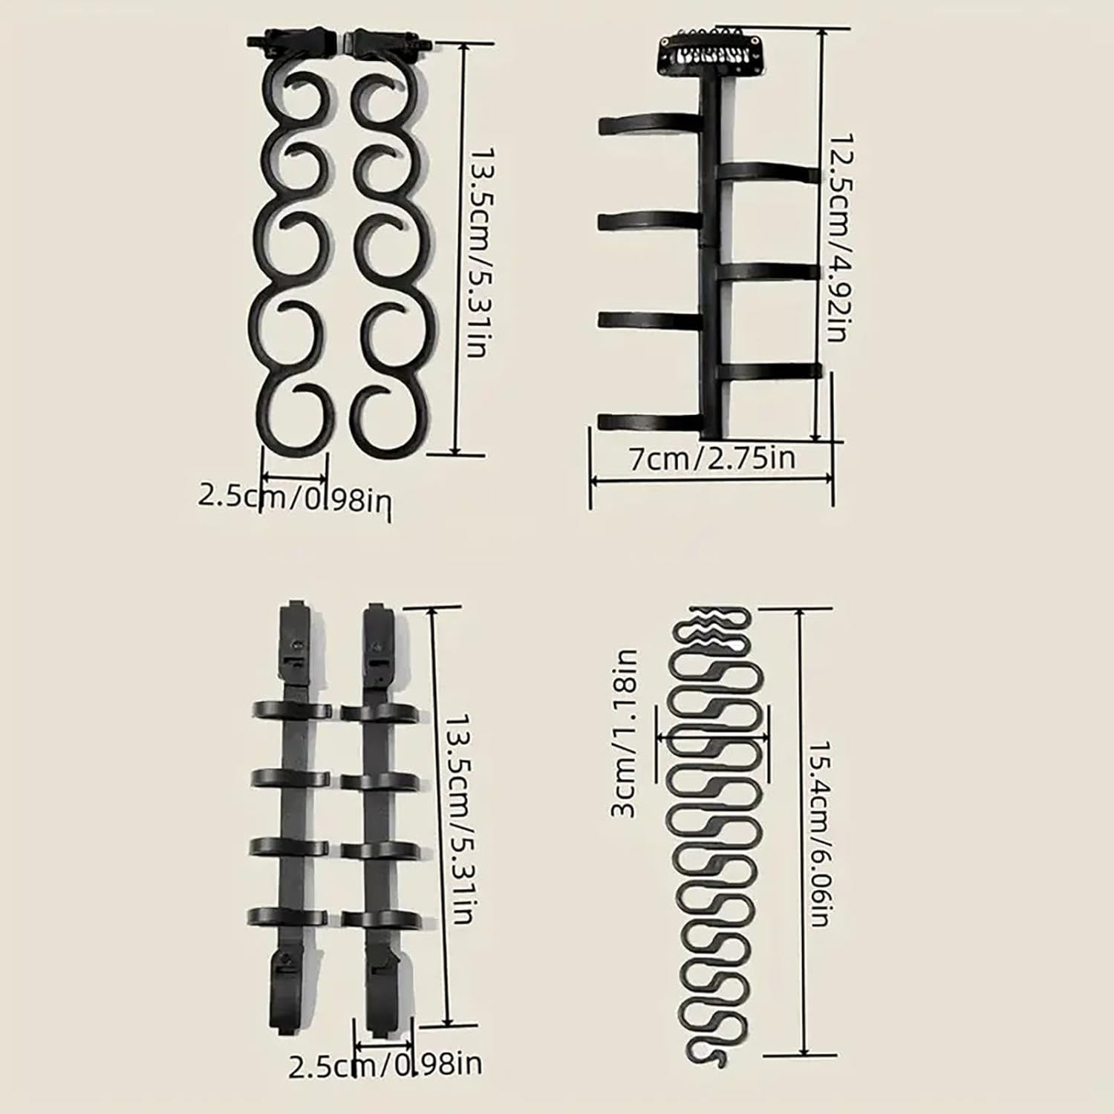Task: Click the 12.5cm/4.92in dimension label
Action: [x=838, y=238]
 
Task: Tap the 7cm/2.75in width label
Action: [x=711, y=458]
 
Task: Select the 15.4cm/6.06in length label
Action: [x=818, y=833]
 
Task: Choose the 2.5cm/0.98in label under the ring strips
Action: [x=385, y=1065]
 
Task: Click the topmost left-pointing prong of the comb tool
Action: [x=651, y=125]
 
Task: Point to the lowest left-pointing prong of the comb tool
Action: [x=649, y=422]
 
